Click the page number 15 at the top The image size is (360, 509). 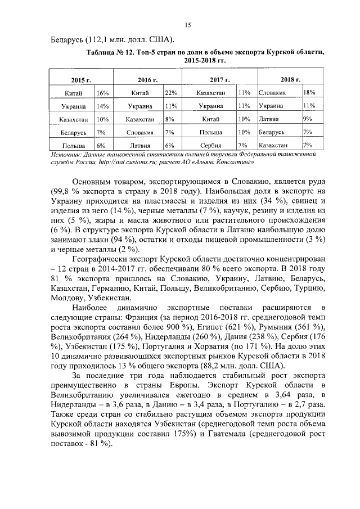tap(188, 25)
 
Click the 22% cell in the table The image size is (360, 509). tap(170, 93)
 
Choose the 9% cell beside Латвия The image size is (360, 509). tap(307, 119)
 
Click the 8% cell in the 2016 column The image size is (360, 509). tap(169, 119)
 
